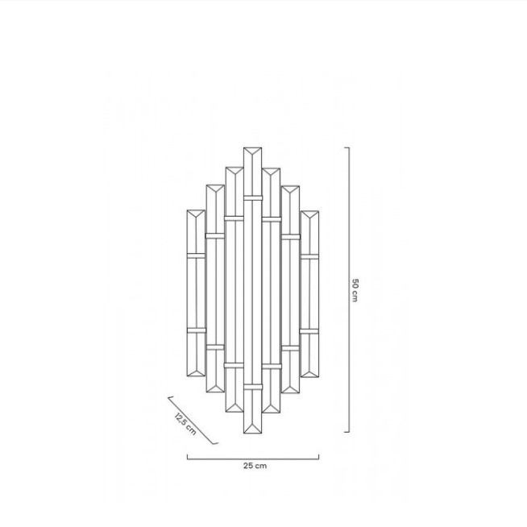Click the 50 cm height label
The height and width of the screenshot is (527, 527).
[355, 290]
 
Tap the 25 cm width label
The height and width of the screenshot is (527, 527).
[255, 466]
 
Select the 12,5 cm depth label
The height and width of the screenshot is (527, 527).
[185, 424]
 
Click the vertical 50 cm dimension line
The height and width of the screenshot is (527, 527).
[349, 290]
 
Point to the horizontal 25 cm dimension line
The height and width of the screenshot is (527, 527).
[253, 459]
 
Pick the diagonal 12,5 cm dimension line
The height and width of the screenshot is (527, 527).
[193, 420]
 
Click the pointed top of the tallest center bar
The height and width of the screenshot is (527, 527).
[253, 148]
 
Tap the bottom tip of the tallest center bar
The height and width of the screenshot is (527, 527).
[253, 433]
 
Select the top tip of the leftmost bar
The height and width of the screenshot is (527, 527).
[196, 210]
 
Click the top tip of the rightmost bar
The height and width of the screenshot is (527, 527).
[309, 211]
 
